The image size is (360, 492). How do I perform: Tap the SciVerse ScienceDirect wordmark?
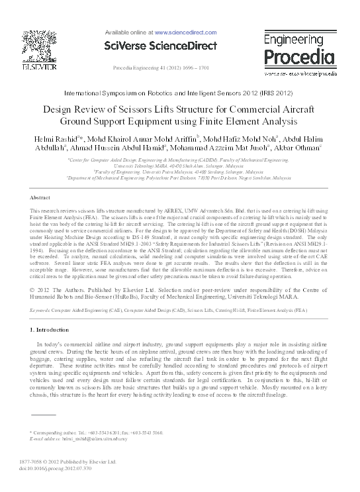coord(160,46)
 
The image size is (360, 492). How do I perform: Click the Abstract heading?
coord(40,198)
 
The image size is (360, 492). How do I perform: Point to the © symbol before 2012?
coord(34,290)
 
